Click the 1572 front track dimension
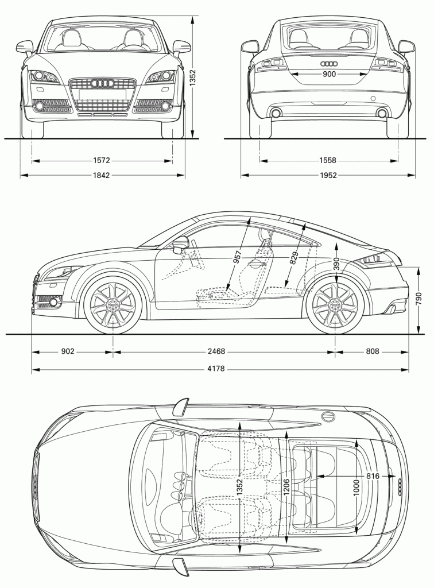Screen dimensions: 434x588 pos(101,161)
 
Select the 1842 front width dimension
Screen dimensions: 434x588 pos(101,175)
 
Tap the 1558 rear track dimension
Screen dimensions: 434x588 pos(328,161)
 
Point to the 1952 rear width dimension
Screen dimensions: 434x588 pos(328,175)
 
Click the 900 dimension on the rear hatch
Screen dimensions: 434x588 pos(329,74)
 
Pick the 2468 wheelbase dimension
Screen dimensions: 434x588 pos(216,351)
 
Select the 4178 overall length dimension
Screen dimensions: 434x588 pos(216,369)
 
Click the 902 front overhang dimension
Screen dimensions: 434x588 pos(68,351)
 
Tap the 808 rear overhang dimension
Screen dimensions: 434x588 pos(372,351)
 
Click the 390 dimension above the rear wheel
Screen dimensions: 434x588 pos(336,264)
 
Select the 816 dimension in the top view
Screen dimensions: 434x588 pos(373,476)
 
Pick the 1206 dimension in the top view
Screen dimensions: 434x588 pos(285,487)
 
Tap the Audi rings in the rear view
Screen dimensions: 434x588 pos(329,63)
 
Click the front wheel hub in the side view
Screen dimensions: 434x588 pos(113,305)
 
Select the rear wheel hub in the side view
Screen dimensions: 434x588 pos(335,305)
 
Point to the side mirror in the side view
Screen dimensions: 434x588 pos(180,245)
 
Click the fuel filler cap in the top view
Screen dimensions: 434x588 pos(328,416)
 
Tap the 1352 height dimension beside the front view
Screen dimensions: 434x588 pos(192,78)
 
